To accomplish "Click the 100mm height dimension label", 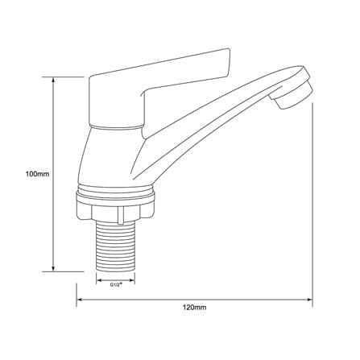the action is click(x=37, y=174).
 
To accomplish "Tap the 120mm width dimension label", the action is click(x=194, y=308).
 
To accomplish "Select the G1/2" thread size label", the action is click(x=116, y=285).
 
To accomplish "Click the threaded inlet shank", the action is click(x=115, y=246).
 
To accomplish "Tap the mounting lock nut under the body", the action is click(x=115, y=209).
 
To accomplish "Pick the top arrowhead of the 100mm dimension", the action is click(x=54, y=81).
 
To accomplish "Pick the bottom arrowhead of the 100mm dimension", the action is click(x=54, y=268).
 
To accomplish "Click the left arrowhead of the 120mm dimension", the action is click(x=80, y=299).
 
